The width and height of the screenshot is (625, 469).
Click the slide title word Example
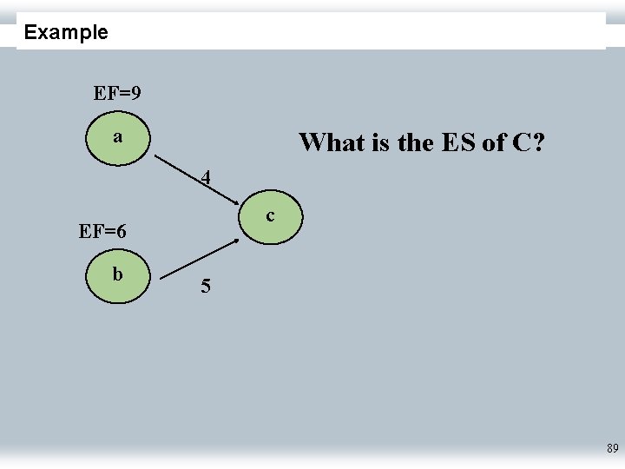(66, 33)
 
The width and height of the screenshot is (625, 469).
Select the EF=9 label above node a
(118, 93)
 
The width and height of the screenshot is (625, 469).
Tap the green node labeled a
(118, 139)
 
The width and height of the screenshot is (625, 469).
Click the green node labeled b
(118, 276)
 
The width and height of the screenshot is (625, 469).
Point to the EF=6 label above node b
(102, 232)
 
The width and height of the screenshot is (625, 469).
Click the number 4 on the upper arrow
(205, 178)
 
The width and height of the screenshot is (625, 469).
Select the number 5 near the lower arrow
(205, 286)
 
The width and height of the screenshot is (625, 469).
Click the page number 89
(612, 449)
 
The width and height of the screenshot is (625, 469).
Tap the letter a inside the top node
(117, 137)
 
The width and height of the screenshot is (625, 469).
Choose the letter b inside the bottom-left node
(117, 274)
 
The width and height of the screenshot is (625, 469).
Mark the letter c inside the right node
(271, 215)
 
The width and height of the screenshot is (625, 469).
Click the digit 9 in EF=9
(136, 93)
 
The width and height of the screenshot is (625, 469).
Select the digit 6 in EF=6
(121, 232)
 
